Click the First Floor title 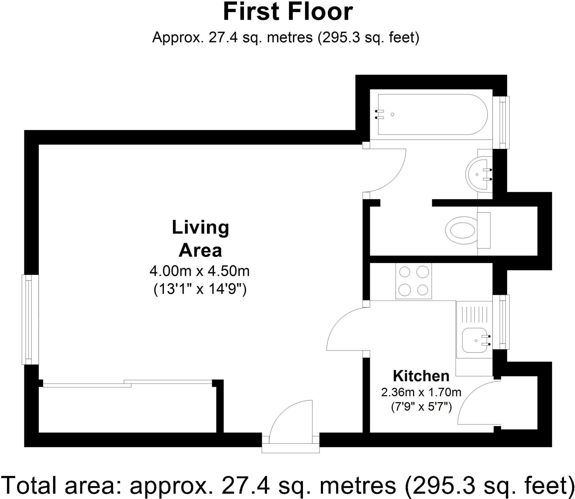288,12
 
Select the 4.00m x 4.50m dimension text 200,271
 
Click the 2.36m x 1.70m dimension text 421,392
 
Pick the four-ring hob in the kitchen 414,281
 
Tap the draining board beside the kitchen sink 474,315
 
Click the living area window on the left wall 30,320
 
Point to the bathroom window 501,122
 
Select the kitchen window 501,322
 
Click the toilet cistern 484,230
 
